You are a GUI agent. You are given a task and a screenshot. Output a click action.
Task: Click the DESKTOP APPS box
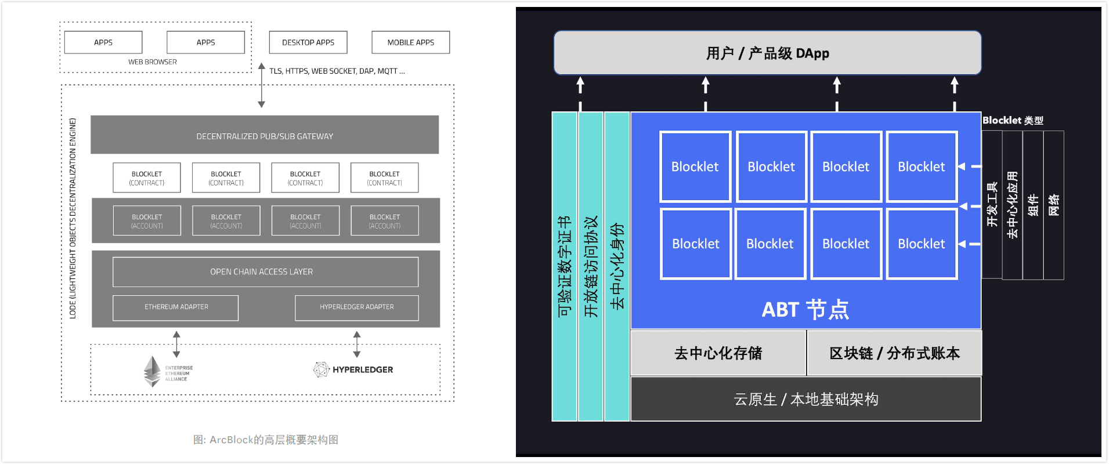coord(308,42)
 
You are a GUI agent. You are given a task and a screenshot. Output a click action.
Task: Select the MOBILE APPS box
coord(410,42)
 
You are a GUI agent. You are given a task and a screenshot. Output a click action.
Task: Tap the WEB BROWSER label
coord(153,62)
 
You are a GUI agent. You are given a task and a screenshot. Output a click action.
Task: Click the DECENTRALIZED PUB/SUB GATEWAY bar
coord(265,135)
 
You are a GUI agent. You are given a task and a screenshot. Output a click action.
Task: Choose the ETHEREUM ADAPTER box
coord(176,307)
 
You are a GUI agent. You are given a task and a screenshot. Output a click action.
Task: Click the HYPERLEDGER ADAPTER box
coord(356,307)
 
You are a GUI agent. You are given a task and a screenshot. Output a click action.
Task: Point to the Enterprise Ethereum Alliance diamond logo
coord(152,371)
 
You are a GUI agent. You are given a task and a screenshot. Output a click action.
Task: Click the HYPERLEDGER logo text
coord(362,369)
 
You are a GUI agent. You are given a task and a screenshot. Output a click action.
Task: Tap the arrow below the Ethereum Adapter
coord(176,344)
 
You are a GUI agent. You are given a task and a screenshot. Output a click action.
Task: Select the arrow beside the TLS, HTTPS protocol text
coord(262,85)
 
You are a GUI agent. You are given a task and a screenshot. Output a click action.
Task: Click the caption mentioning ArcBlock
coord(266,440)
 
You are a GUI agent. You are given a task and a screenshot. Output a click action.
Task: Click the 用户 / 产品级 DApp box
coord(767,53)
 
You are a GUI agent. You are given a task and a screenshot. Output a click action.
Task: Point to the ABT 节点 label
coord(805,310)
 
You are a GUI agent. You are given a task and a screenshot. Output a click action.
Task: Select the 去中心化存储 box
coord(718,353)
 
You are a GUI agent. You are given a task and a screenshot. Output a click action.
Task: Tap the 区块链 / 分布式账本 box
coord(894,353)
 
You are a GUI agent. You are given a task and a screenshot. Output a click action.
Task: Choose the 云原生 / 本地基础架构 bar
coord(805,399)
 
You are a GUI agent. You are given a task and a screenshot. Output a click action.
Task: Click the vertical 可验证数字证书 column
coord(565,267)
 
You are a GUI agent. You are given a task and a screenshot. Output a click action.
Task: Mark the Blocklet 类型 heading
coord(1013,121)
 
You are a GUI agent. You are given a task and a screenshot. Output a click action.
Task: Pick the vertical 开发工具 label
coord(992,204)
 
